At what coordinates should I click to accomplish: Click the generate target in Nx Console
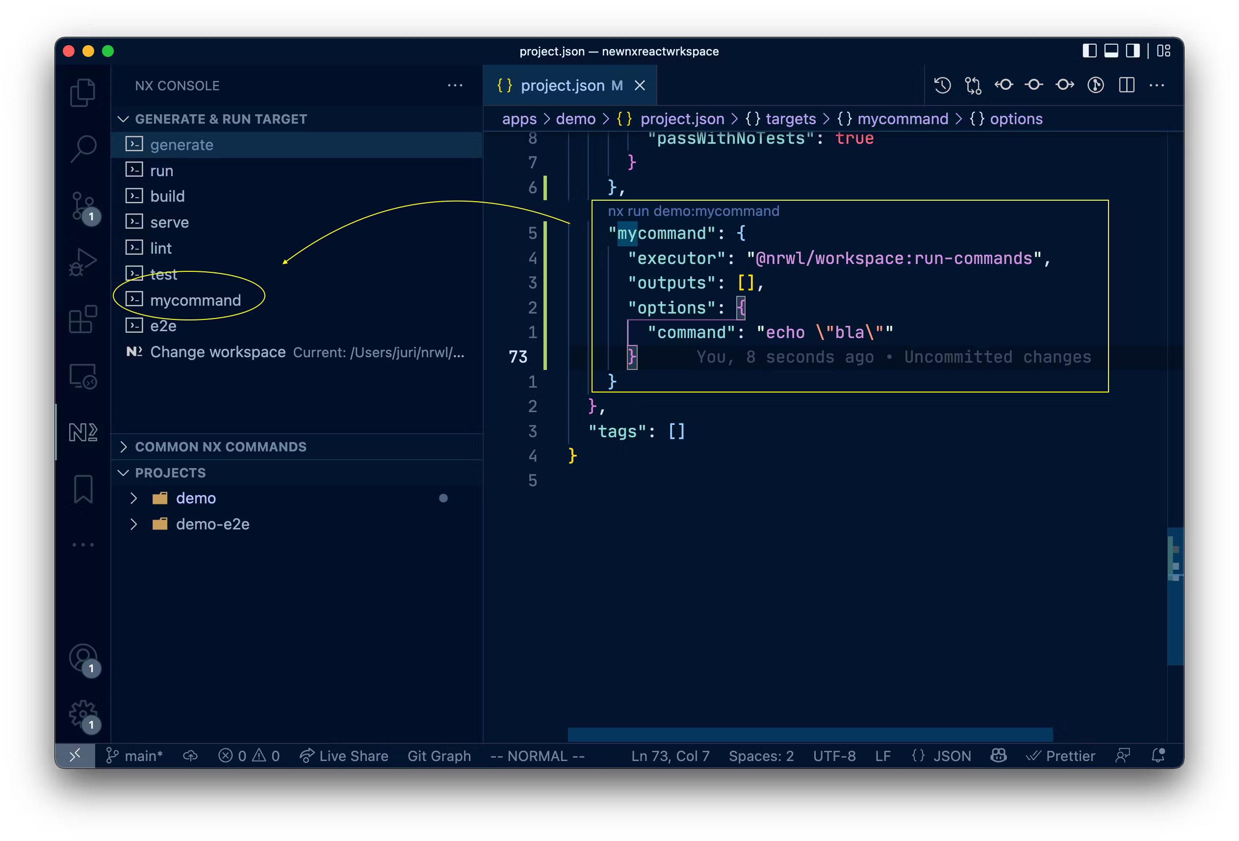181,145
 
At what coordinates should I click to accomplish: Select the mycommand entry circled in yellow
195,300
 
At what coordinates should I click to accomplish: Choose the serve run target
169,222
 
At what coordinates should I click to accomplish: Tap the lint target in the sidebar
160,248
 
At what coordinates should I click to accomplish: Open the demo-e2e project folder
212,524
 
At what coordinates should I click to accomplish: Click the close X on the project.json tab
640,85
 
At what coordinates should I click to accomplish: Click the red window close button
69,51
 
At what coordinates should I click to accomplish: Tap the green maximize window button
108,51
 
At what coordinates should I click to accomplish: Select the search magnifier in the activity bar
83,148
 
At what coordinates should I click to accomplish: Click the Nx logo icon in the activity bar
83,432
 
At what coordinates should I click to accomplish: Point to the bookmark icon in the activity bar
83,489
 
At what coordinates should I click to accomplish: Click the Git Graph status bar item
439,756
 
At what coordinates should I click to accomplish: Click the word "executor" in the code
676,259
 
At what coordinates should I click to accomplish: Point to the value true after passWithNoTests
854,139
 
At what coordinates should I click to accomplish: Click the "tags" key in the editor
618,431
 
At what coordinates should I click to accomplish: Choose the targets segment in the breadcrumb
790,119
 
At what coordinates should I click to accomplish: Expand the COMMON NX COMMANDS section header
220,447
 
